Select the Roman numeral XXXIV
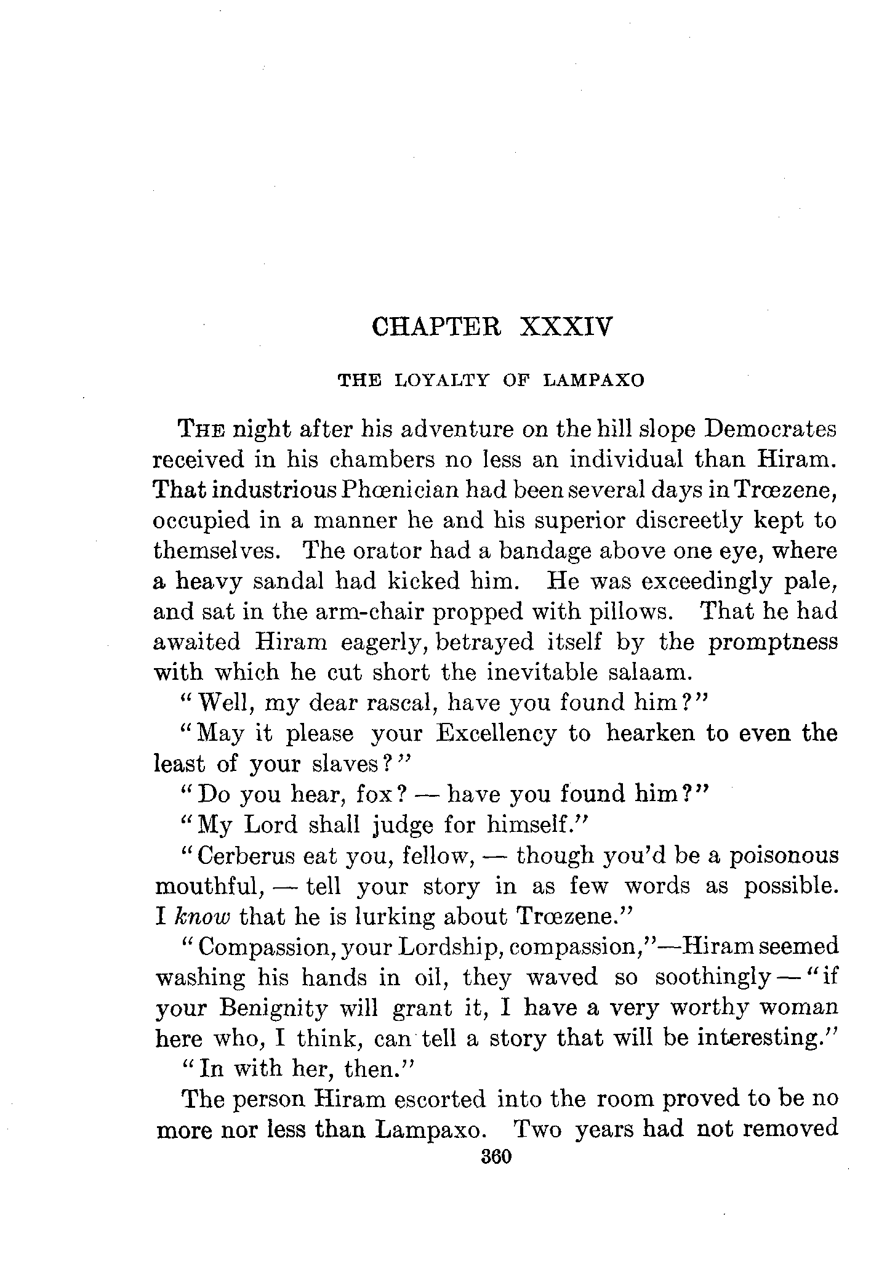click(567, 326)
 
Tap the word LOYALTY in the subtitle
click(441, 381)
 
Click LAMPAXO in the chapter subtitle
click(593, 381)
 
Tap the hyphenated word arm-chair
click(356, 611)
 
